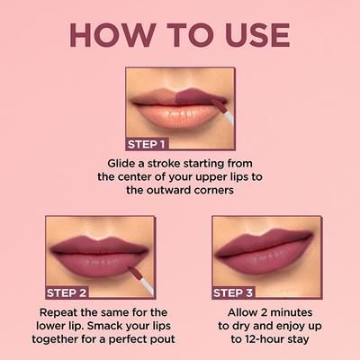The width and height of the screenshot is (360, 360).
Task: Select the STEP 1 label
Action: pos(147,143)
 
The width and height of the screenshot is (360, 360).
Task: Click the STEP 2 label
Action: pos(67,292)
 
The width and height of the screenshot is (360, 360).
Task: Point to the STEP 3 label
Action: pos(233,292)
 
